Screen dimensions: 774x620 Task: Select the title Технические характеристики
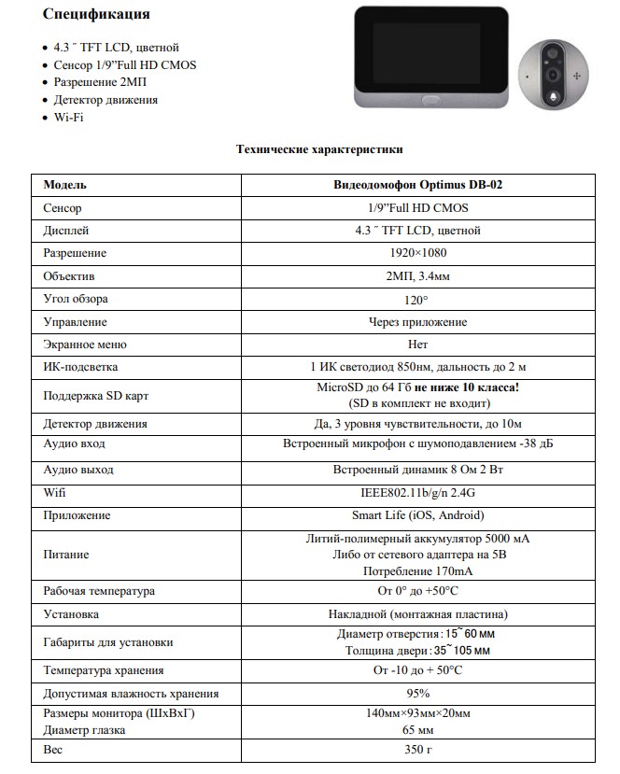(319, 148)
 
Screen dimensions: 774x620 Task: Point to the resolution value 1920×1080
(417, 253)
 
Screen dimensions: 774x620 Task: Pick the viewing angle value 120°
(417, 300)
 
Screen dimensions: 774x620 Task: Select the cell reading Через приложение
(417, 322)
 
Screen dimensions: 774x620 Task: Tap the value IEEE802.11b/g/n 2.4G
(417, 492)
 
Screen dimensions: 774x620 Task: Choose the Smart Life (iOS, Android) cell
(417, 515)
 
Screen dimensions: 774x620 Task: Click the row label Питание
(66, 555)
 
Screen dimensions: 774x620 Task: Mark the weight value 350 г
(417, 750)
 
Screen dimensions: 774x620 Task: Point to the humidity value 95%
(417, 694)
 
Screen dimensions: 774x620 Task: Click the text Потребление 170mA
(417, 570)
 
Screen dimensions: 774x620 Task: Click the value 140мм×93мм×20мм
(417, 714)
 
